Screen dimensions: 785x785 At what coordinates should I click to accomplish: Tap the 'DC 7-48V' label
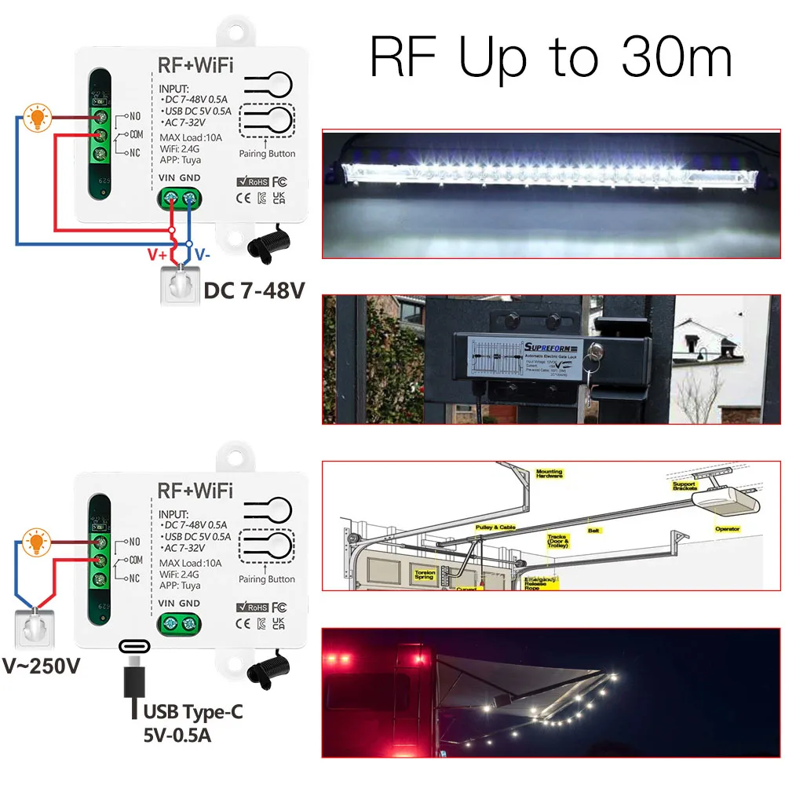tap(254, 290)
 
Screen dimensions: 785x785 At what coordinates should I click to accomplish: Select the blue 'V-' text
tap(202, 255)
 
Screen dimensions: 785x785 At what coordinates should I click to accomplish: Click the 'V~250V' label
tap(42, 666)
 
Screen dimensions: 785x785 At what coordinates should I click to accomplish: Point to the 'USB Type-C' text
tap(192, 712)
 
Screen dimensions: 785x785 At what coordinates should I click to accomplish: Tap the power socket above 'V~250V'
tap(35, 627)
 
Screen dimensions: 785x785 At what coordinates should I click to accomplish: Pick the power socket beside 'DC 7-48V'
tap(180, 286)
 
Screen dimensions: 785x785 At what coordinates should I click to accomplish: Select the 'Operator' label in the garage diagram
tap(727, 529)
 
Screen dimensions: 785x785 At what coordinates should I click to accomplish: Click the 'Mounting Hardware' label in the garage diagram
tap(549, 473)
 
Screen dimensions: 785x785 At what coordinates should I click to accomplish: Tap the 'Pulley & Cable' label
tap(496, 528)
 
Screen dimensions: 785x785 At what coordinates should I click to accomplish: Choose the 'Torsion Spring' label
tap(425, 575)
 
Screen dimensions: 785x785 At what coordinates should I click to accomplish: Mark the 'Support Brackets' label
tap(684, 487)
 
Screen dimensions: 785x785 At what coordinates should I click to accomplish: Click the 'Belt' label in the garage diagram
tap(594, 531)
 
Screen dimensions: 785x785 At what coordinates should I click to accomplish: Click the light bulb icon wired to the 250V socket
tap(35, 541)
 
